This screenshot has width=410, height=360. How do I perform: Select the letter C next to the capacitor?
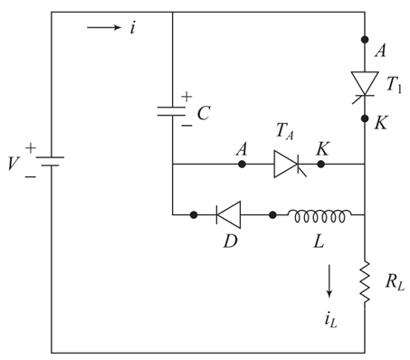point(205,114)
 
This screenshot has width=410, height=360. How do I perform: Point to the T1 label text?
point(394,84)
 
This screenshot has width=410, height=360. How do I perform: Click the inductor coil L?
point(319,215)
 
